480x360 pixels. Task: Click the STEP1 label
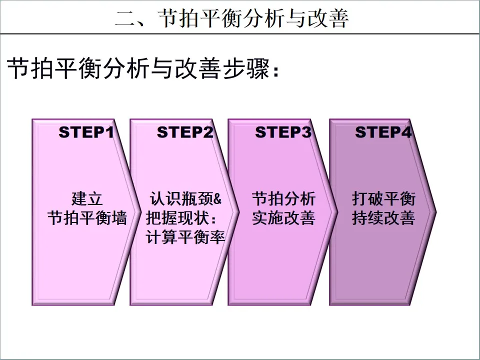(x=86, y=132)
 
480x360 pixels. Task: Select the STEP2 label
(x=185, y=132)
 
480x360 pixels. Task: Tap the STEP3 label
(x=283, y=132)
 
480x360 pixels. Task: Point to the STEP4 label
(x=383, y=132)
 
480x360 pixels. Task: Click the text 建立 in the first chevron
(x=87, y=198)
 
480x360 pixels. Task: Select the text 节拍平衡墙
(x=87, y=218)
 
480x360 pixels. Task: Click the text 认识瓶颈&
(x=185, y=198)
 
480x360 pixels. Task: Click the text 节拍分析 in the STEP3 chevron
(x=283, y=198)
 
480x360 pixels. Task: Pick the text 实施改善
(x=283, y=218)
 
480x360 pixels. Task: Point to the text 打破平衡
(x=383, y=198)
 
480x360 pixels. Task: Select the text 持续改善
(x=383, y=218)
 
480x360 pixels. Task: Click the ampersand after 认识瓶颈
(x=216, y=198)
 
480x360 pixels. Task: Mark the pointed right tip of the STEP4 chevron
(x=435, y=212)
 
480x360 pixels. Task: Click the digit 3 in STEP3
(x=307, y=132)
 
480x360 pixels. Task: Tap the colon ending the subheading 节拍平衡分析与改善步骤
(x=275, y=71)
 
